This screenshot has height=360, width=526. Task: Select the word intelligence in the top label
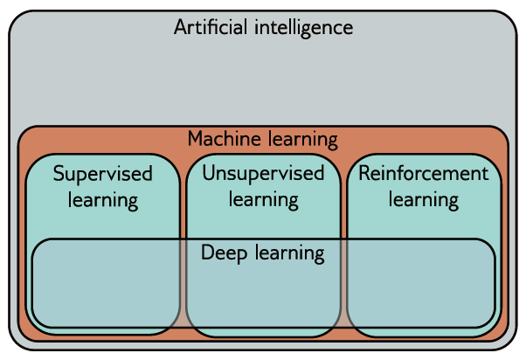coord(301,27)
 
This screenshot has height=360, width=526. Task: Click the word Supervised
coord(102,173)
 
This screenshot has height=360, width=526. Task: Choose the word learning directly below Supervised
coord(103,200)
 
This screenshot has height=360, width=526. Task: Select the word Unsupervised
coord(263,173)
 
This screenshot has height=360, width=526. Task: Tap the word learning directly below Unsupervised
coord(263,200)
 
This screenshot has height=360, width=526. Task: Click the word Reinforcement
coord(424,173)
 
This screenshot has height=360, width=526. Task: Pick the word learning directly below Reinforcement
coord(424,200)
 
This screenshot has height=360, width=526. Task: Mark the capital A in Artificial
coord(181,27)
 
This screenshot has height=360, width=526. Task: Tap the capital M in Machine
coord(195,139)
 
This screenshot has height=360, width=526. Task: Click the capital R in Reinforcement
coord(364,173)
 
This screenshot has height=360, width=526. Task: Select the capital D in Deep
coord(207,253)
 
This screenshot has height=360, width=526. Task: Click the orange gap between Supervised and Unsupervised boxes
coord(183,201)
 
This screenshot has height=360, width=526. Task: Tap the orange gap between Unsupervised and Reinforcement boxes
coord(343,201)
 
